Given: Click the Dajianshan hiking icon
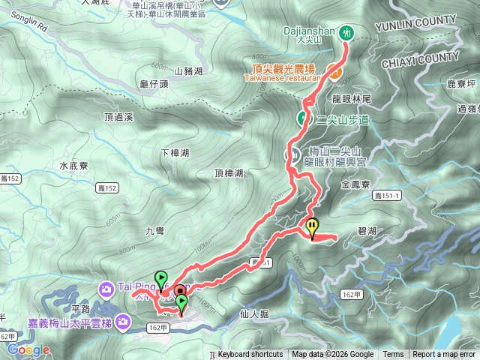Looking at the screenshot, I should pyautogui.click(x=346, y=32).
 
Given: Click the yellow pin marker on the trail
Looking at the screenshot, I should pyautogui.click(x=313, y=225).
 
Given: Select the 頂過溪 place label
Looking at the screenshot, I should pyautogui.click(x=118, y=117).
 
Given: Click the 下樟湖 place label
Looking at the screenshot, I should pyautogui.click(x=175, y=153).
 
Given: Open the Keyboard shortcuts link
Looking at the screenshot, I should pyautogui.click(x=250, y=355).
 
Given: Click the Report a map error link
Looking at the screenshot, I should pyautogui.click(x=443, y=355).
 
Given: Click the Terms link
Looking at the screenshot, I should pyautogui.click(x=393, y=355).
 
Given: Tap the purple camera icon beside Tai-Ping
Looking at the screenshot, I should pyautogui.click(x=106, y=287).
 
